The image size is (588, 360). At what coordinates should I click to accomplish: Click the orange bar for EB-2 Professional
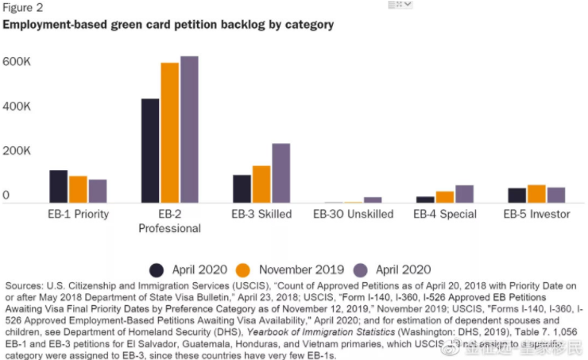click(169, 133)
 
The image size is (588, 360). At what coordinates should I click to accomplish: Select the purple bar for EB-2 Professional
click(189, 130)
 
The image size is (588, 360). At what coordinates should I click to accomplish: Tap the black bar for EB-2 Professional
click(150, 151)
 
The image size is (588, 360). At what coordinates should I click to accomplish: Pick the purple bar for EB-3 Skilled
click(280, 173)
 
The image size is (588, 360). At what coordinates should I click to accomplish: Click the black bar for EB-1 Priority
click(58, 187)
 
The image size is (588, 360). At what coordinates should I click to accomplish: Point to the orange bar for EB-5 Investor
click(536, 194)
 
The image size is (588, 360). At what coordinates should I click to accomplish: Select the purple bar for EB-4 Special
click(464, 194)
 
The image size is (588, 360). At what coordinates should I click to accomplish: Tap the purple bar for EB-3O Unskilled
click(373, 200)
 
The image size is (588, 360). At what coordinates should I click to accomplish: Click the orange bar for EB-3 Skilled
click(261, 184)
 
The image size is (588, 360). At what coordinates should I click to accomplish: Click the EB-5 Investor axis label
click(536, 215)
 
